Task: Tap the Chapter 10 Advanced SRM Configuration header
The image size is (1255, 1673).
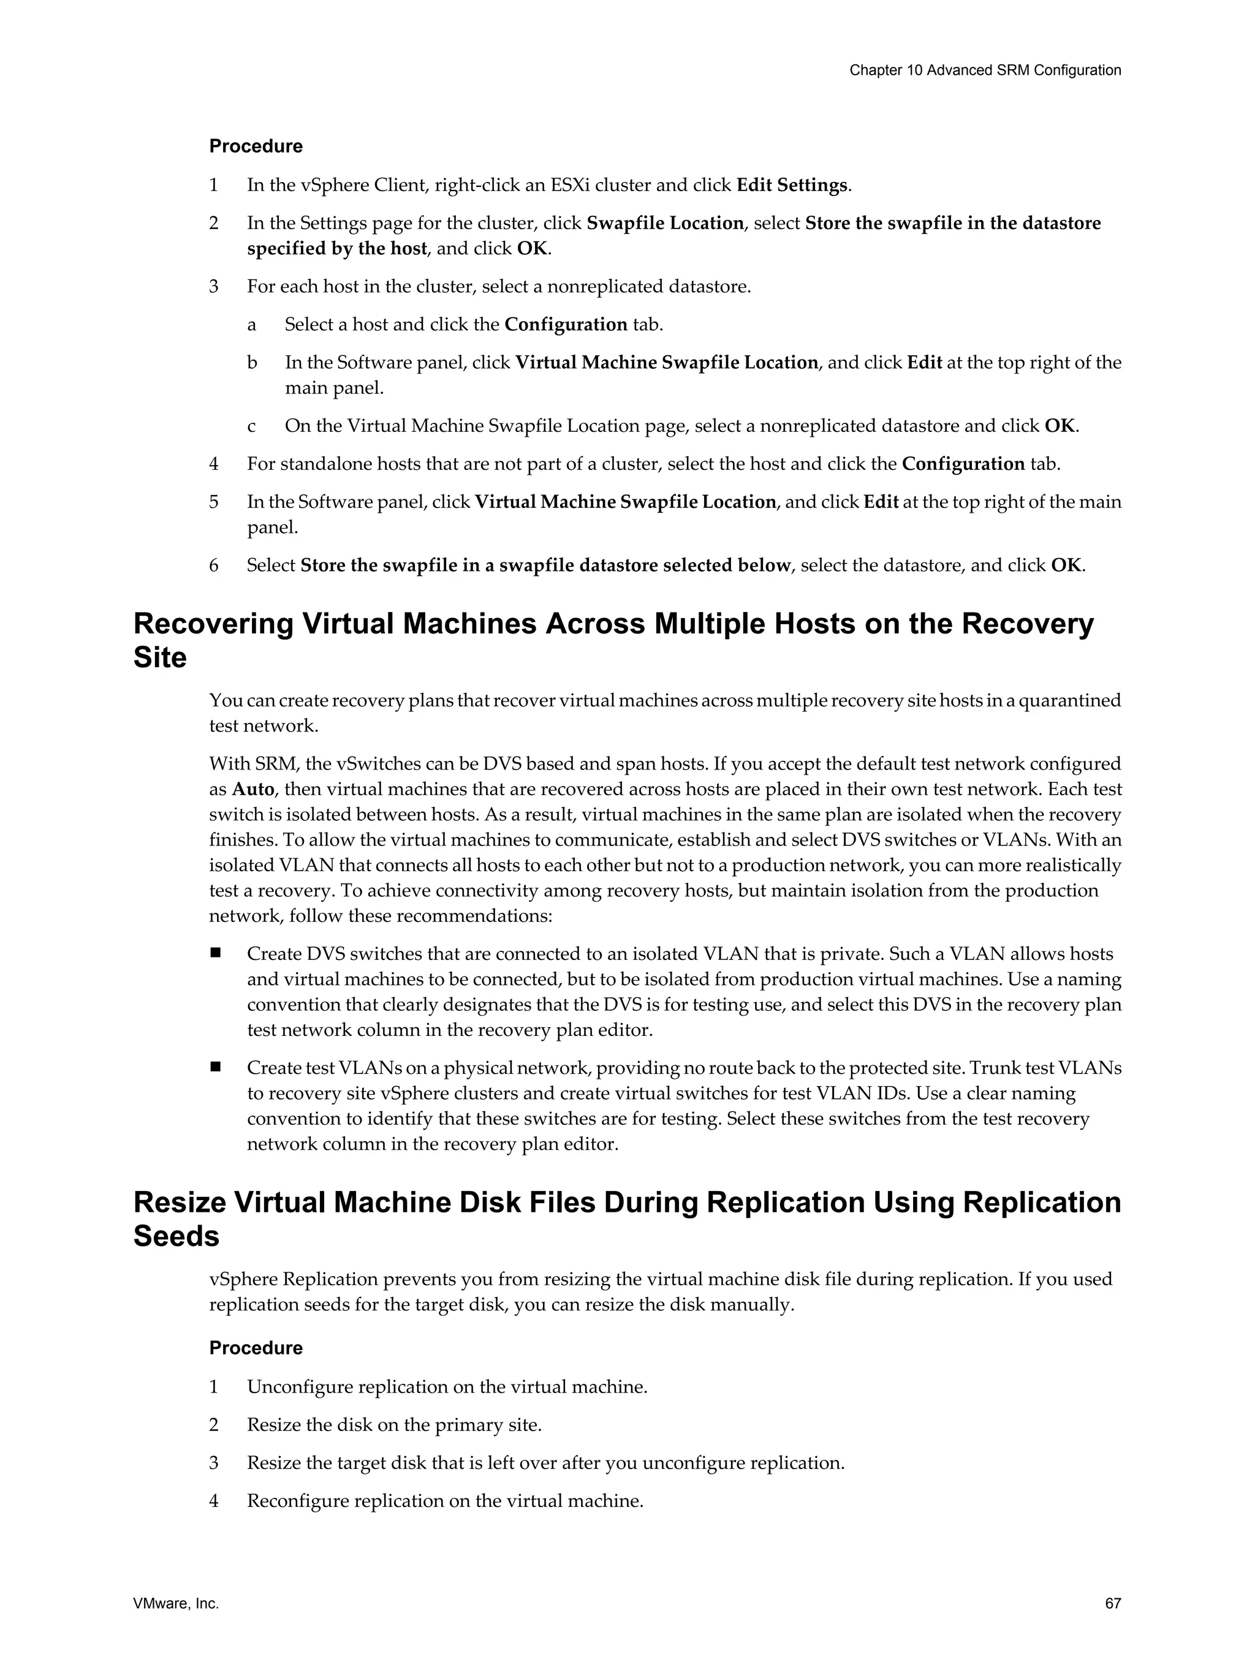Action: pyautogui.click(x=984, y=70)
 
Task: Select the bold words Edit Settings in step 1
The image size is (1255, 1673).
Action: pyautogui.click(x=791, y=185)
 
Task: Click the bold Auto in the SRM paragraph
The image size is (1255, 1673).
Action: pyautogui.click(x=252, y=789)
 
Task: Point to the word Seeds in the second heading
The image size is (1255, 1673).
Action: pyautogui.click(x=176, y=1236)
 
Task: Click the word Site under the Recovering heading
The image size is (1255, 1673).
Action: pyautogui.click(x=159, y=657)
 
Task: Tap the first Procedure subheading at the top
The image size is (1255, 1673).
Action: pyautogui.click(x=256, y=146)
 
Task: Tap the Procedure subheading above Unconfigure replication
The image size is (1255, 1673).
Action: pyautogui.click(x=256, y=1348)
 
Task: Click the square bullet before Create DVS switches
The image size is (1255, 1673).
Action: pyautogui.click(x=216, y=953)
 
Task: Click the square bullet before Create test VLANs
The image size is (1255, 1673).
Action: pyautogui.click(x=216, y=1067)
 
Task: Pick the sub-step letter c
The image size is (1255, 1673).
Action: pyautogui.click(x=251, y=426)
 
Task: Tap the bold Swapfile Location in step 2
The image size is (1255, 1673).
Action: pyautogui.click(x=665, y=223)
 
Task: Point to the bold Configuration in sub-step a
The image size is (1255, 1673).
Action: pyautogui.click(x=566, y=325)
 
